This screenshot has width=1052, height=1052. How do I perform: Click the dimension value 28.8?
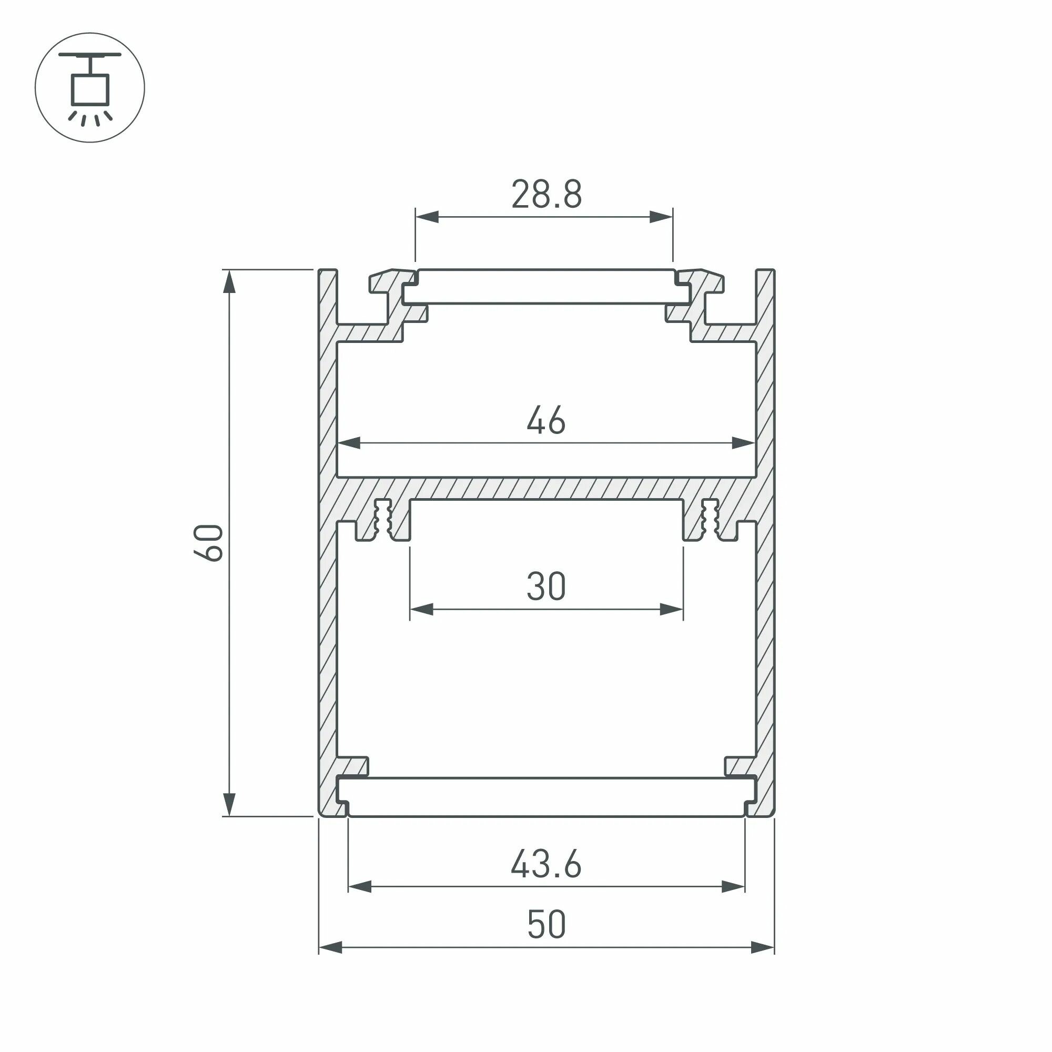[x=546, y=195]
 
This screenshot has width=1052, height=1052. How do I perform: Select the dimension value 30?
[x=546, y=586]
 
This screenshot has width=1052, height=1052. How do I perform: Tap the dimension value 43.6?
[x=546, y=864]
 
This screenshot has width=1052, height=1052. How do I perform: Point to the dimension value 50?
[x=546, y=925]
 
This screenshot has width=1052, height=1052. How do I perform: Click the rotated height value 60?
[x=208, y=542]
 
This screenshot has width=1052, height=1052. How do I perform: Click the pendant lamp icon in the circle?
[x=90, y=88]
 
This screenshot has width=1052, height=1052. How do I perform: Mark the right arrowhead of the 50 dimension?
[x=763, y=947]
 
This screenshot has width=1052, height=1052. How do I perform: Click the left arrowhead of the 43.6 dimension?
[x=359, y=887]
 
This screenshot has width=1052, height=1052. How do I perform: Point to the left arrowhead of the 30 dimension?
[x=421, y=609]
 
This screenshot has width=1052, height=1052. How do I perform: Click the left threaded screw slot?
[x=383, y=519]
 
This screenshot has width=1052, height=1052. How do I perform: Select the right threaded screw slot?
[x=710, y=519]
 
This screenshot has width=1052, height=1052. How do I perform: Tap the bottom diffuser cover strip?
[x=546, y=796]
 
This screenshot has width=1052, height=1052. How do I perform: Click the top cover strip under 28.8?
[x=546, y=287]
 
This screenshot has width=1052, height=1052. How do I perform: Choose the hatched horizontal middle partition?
[x=546, y=489]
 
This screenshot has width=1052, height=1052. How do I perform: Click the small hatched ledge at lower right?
[x=740, y=765]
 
